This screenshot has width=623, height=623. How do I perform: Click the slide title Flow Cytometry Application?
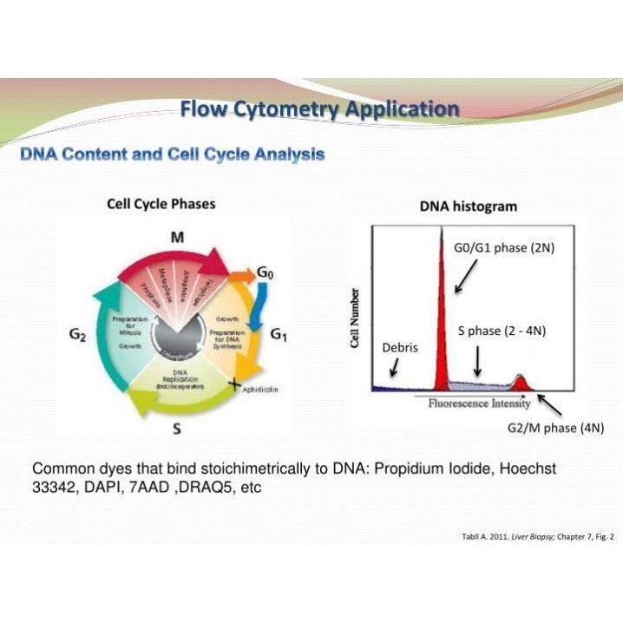click(x=319, y=109)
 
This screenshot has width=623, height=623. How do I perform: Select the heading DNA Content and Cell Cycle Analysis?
click(x=172, y=154)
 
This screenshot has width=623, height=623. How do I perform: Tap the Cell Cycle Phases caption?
click(x=161, y=204)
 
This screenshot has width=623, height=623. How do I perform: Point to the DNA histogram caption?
click(x=468, y=207)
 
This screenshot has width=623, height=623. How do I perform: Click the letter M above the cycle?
click(x=176, y=237)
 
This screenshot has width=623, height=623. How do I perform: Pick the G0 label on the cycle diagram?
click(x=266, y=273)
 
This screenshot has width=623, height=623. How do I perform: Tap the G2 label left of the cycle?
click(x=76, y=335)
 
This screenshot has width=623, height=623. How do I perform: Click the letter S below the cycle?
click(x=176, y=428)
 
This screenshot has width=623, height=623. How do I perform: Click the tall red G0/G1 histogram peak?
click(x=443, y=312)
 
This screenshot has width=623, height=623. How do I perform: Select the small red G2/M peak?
click(x=521, y=382)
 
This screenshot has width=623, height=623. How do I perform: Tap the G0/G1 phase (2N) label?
click(x=504, y=248)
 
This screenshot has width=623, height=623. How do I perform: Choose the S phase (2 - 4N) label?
click(x=502, y=331)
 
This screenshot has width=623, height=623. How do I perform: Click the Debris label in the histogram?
click(x=400, y=348)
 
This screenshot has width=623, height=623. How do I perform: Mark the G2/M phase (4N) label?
click(x=555, y=429)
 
